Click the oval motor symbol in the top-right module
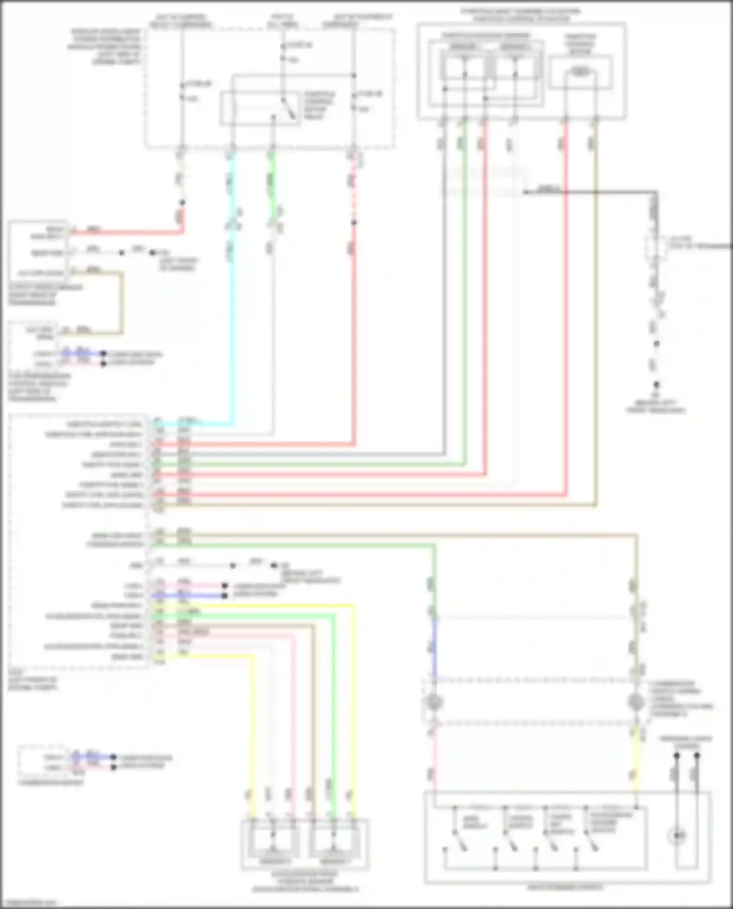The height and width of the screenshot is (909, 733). (580, 72)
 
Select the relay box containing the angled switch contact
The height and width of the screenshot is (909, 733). (260, 108)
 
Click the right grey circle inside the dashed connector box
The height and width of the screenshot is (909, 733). (635, 702)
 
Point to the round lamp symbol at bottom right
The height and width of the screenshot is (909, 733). (678, 836)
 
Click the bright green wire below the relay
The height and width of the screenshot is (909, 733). (272, 176)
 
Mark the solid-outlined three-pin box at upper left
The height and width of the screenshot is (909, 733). (38, 252)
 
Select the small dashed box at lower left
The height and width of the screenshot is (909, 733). (43, 762)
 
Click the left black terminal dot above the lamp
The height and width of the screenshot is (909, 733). (677, 756)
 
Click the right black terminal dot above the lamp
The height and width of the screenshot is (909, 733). (697, 756)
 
